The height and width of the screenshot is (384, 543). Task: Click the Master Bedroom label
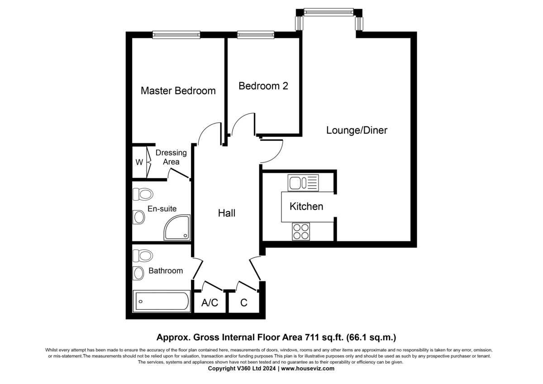tap(178, 91)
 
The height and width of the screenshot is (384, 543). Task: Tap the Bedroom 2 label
tap(263, 86)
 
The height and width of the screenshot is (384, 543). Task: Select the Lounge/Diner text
tap(357, 130)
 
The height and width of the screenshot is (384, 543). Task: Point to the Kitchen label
tap(306, 206)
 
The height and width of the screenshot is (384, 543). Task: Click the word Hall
tap(227, 213)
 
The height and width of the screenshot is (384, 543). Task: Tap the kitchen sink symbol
tap(303, 182)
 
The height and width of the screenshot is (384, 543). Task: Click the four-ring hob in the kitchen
tap(301, 231)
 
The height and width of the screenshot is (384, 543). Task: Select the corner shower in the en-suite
tap(177, 227)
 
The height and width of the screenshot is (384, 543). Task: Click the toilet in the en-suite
tap(143, 194)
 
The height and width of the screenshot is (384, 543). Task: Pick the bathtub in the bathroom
tap(161, 301)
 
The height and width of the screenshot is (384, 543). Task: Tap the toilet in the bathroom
tap(143, 256)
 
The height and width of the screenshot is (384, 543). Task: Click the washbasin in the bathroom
tap(138, 274)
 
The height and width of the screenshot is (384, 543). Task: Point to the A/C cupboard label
tap(210, 303)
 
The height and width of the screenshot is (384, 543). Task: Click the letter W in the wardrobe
tap(139, 162)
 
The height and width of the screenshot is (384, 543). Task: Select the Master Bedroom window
tap(176, 35)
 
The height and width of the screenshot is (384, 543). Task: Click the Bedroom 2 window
tap(256, 35)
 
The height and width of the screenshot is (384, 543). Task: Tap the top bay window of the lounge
tap(329, 12)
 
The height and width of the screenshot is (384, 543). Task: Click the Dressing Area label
tap(171, 157)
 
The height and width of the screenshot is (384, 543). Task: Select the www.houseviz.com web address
tap(308, 369)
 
